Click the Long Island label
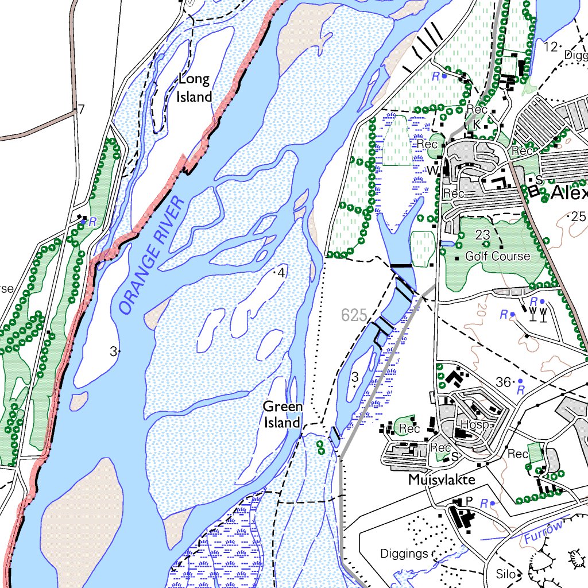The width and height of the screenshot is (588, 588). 194,88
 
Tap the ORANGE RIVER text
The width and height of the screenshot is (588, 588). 151,256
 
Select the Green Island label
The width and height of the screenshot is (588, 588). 282,415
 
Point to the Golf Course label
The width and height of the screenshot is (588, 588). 497,256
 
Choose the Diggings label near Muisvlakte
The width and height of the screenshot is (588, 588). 404,554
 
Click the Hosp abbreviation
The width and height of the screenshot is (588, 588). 474,425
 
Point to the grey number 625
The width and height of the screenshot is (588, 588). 353,315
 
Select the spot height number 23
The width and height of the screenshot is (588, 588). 482,234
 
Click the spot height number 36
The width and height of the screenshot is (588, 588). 503,381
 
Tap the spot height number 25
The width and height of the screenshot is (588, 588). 578,216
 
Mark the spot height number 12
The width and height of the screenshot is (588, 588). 551,47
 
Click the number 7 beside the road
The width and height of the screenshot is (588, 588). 82,110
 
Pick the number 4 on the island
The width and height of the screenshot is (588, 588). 281,273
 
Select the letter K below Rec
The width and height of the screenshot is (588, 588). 476,123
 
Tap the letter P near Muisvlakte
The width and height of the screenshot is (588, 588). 469,501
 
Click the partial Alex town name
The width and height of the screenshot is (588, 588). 568,194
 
